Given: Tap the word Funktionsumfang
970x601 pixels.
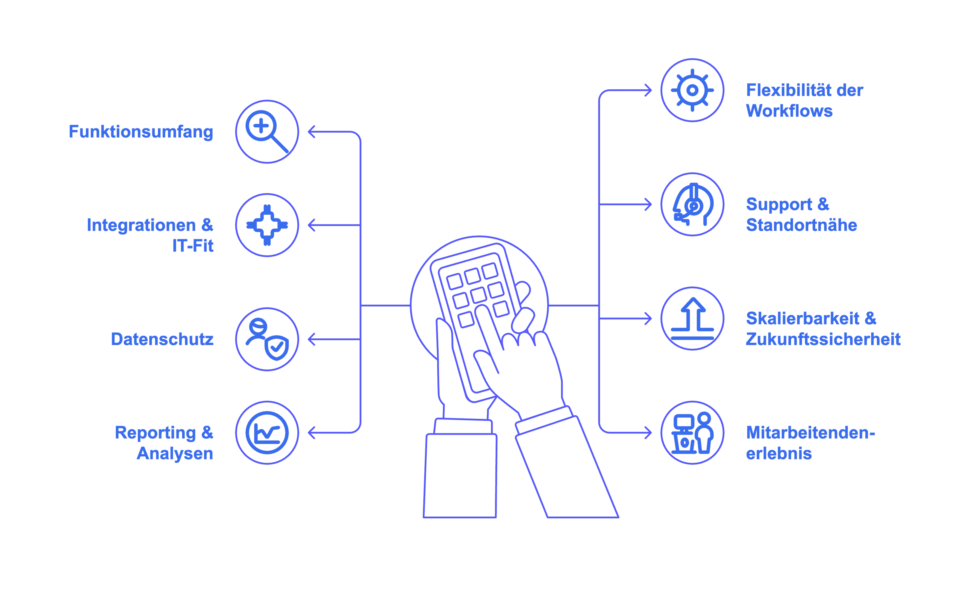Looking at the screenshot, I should (141, 132).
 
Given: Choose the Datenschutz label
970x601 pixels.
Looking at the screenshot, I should (162, 339).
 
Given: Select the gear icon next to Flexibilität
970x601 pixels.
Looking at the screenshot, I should (692, 90).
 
